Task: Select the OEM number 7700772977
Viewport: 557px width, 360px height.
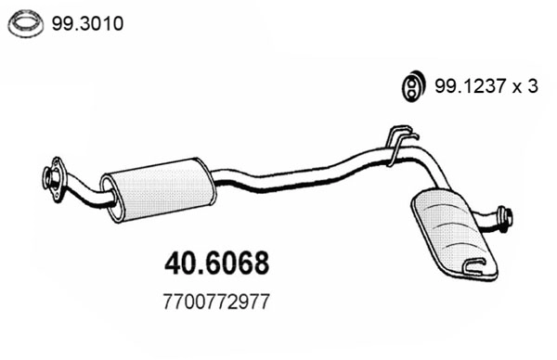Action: (216, 302)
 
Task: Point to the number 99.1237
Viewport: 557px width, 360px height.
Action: (465, 86)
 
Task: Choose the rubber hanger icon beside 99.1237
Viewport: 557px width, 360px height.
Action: (408, 85)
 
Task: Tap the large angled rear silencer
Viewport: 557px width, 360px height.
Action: (452, 230)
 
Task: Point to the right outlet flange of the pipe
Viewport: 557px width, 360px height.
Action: (505, 220)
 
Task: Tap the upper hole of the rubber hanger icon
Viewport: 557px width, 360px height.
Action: (408, 79)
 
